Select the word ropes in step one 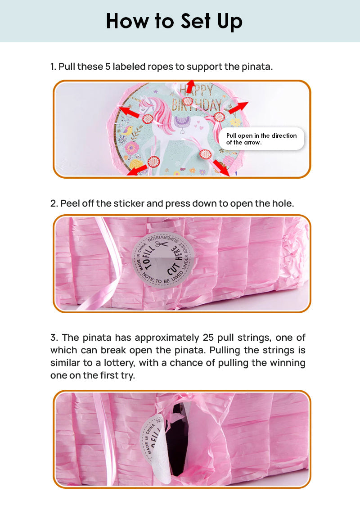[x=160, y=67]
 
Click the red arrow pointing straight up [x=191, y=86]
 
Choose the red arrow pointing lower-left [x=137, y=170]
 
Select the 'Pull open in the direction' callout [x=261, y=139]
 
